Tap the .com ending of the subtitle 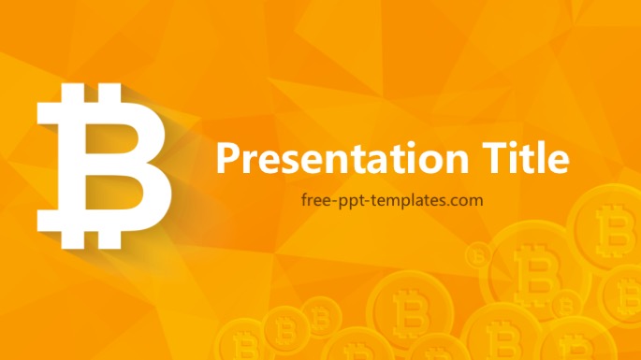pyautogui.click(x=467, y=199)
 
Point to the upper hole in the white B pyautogui.click(x=105, y=130)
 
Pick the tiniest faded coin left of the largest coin pyautogui.click(x=478, y=253)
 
